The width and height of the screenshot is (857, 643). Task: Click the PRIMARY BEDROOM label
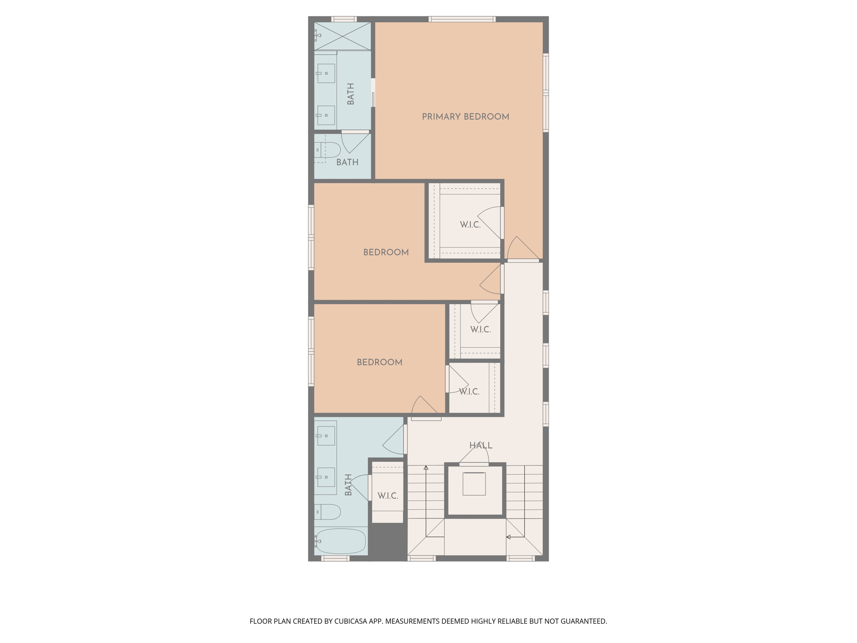[x=465, y=117]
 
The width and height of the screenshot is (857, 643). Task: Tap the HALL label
[x=480, y=445]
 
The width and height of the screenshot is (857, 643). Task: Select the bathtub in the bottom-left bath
[x=341, y=541]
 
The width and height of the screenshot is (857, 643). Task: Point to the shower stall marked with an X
[x=342, y=36]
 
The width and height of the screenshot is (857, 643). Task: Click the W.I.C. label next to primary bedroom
[x=470, y=225]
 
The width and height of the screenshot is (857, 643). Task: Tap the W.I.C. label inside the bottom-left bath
[x=387, y=496]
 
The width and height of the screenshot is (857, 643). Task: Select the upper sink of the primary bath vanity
[x=326, y=73]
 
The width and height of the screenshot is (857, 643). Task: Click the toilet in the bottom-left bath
[x=329, y=512]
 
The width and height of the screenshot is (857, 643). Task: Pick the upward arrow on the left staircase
[x=426, y=468]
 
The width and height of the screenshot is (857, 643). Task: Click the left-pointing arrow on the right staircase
[x=508, y=537]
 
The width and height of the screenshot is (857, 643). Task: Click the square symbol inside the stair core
[x=474, y=484]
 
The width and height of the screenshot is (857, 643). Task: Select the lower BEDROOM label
[x=379, y=363]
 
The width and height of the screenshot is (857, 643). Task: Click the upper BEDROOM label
[x=386, y=252]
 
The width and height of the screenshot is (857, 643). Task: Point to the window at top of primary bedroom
[x=462, y=19]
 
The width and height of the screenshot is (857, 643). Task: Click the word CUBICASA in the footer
[x=351, y=621]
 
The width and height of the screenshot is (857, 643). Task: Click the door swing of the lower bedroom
[x=425, y=407]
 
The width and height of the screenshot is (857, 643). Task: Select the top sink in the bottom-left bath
[x=326, y=436]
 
